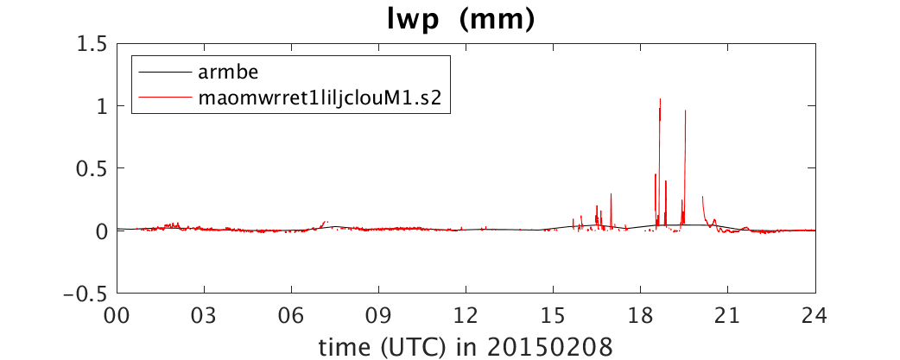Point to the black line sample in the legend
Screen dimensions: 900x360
[165, 73]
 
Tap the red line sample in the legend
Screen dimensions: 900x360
[165, 98]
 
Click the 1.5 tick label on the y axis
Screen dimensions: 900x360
[93, 43]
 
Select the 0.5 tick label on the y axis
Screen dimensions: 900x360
[93, 168]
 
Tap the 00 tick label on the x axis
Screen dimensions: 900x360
[117, 316]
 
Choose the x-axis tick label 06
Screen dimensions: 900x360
[292, 316]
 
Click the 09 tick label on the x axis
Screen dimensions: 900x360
[379, 316]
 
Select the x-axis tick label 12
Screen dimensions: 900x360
[466, 316]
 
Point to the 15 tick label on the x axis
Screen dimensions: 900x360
[554, 316]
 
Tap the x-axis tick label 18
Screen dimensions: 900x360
[641, 316]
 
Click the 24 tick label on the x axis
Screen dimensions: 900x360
[815, 316]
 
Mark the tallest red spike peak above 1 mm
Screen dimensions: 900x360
[660, 99]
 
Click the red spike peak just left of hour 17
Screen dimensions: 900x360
[612, 193]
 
